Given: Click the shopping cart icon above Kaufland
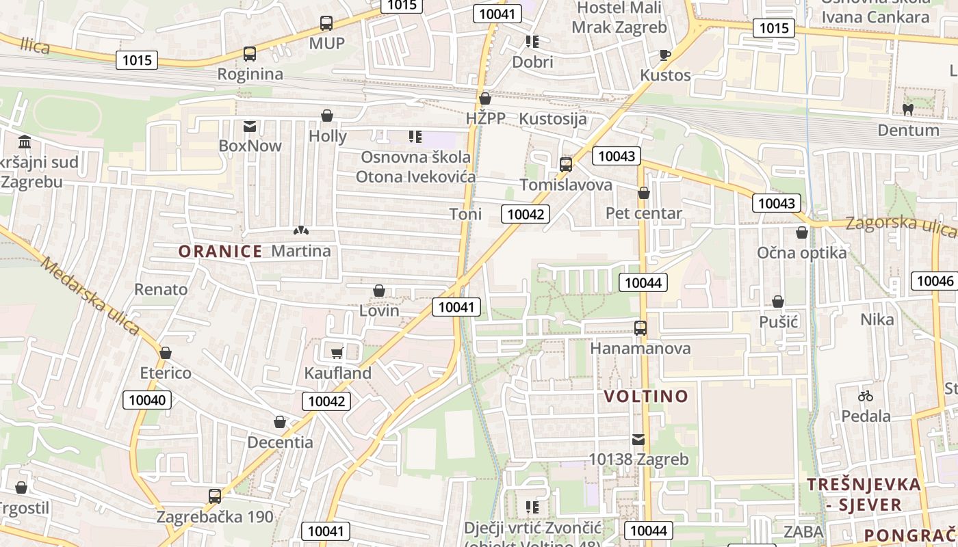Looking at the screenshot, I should pos(336,353).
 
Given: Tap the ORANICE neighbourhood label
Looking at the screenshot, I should pos(220,252).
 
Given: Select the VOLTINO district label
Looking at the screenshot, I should pos(646,397).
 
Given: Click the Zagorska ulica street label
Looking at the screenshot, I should pos(901,226).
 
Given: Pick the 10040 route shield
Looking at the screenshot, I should pos(147,400).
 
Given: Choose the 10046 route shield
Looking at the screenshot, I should pos(935,281).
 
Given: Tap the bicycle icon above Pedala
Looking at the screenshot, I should pos(866,396).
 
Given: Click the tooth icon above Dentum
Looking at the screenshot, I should pos(908,109).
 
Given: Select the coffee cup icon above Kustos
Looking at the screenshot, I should pos(664,55).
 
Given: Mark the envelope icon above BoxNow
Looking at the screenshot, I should pos(250,126).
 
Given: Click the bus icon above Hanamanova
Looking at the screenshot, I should pos(640,328).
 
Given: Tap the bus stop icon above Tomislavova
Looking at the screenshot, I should pos(565,165).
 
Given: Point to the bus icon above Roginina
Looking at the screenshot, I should pos(250,54).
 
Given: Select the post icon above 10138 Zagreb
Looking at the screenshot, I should pos(638,440).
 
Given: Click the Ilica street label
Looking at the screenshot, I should pos(35,46).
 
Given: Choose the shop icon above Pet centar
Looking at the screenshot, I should pos(643,194).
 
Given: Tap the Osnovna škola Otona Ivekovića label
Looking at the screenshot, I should pos(415,167).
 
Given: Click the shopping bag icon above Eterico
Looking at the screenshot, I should pos(165,353).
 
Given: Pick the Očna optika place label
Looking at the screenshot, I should pos(801,253).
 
